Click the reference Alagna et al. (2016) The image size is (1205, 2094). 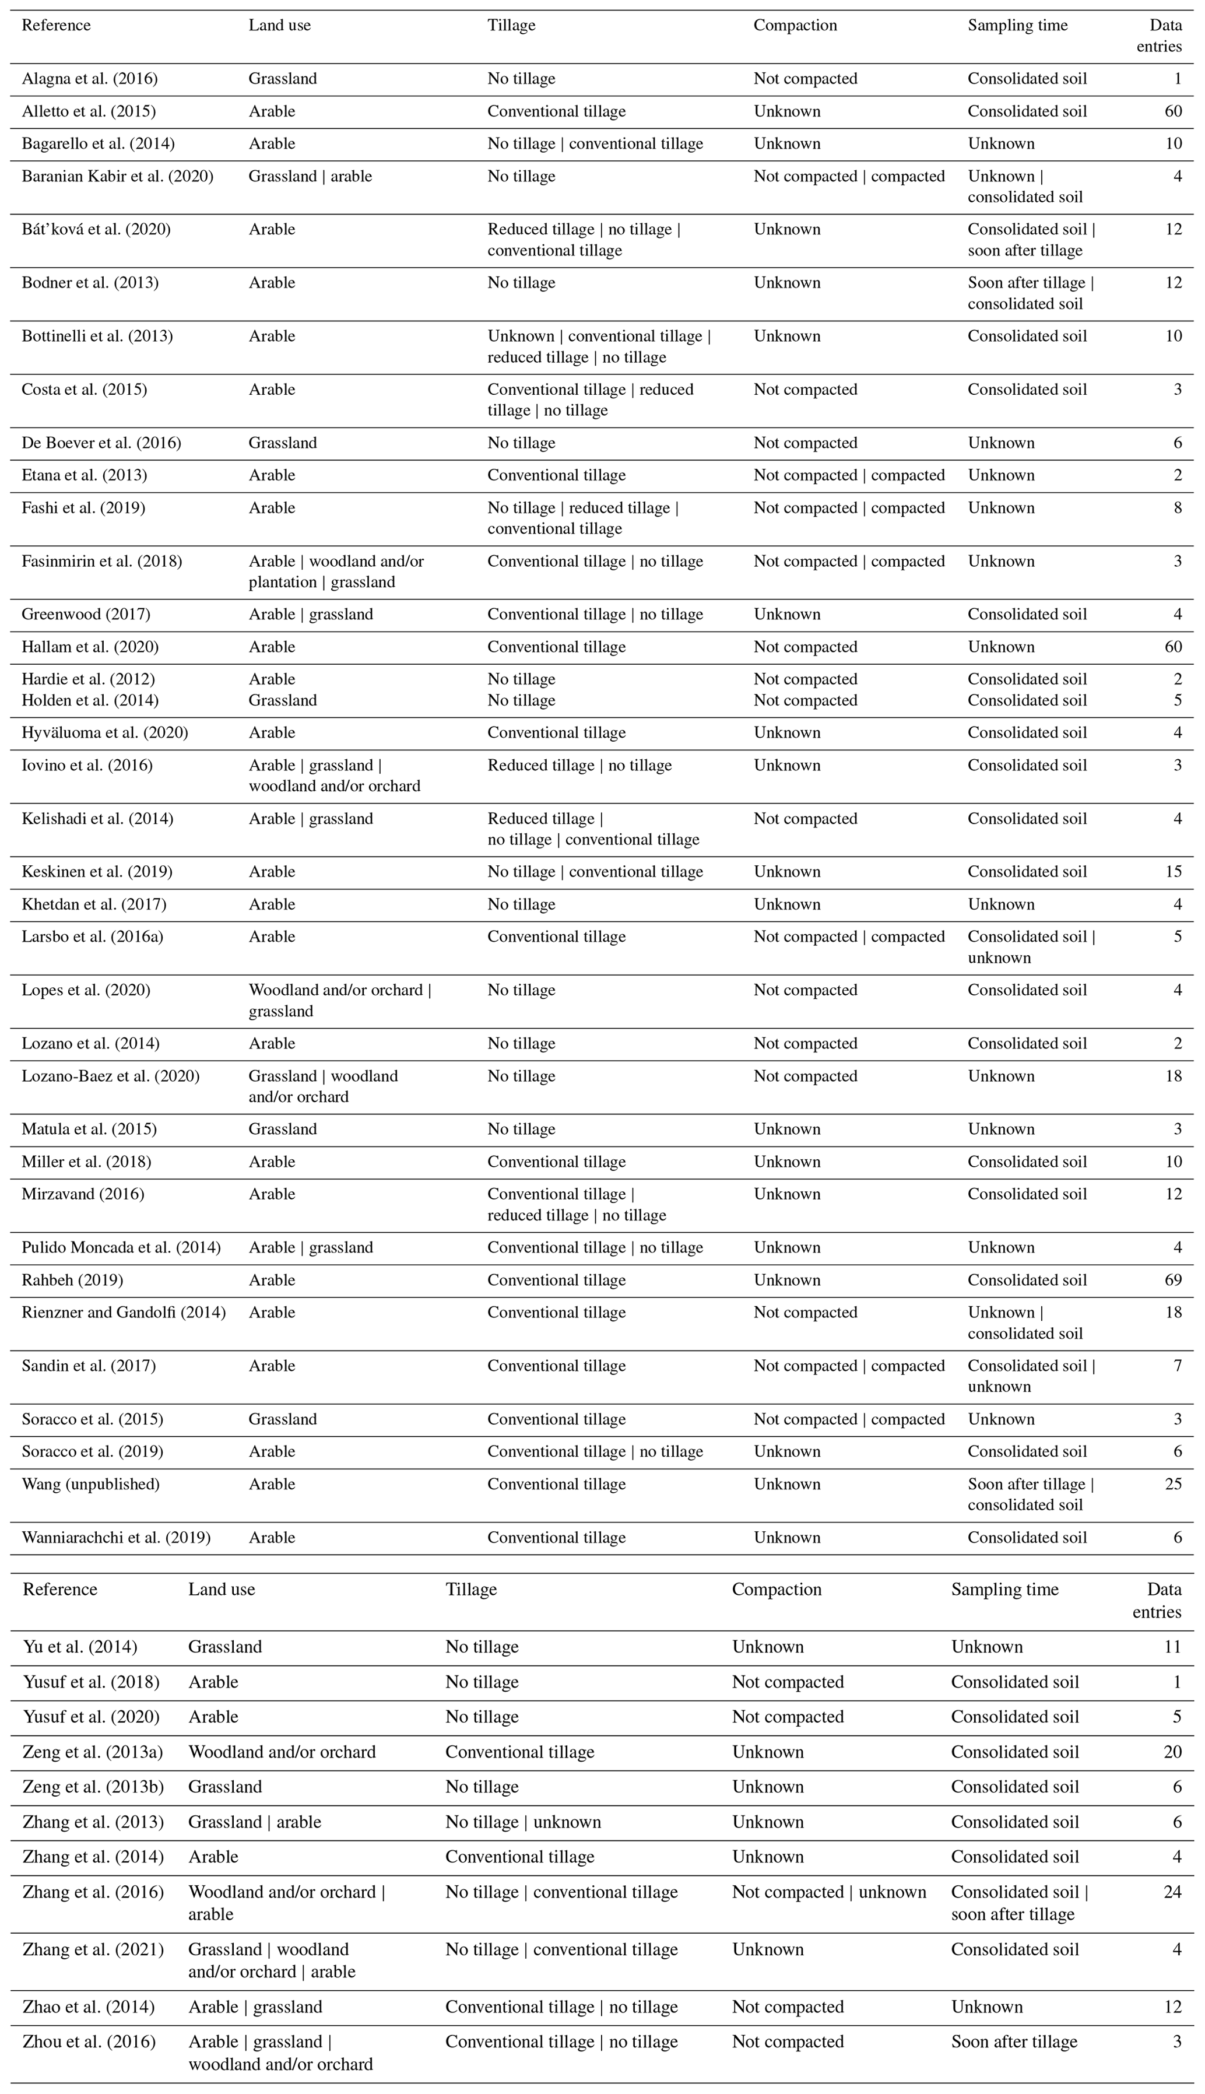pos(89,79)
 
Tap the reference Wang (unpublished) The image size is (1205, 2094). pos(90,1484)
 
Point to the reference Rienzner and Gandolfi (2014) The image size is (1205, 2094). pos(124,1312)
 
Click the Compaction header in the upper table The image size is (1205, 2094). pos(795,25)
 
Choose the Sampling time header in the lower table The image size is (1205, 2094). pos(1004,1589)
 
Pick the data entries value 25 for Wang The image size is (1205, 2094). pos(1173,1484)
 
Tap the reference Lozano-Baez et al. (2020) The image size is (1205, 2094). pos(110,1076)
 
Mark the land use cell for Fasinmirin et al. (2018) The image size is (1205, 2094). pos(336,571)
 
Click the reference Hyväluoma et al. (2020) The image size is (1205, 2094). pos(105,732)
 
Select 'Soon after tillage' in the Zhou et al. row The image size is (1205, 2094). pos(1014,2042)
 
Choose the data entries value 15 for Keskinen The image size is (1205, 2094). pos(1173,872)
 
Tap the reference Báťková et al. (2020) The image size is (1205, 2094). pos(96,229)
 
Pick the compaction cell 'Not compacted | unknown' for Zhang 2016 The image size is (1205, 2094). pos(828,1892)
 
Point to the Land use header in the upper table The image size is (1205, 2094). pos(280,25)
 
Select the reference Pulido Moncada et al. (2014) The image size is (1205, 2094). pos(121,1247)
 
